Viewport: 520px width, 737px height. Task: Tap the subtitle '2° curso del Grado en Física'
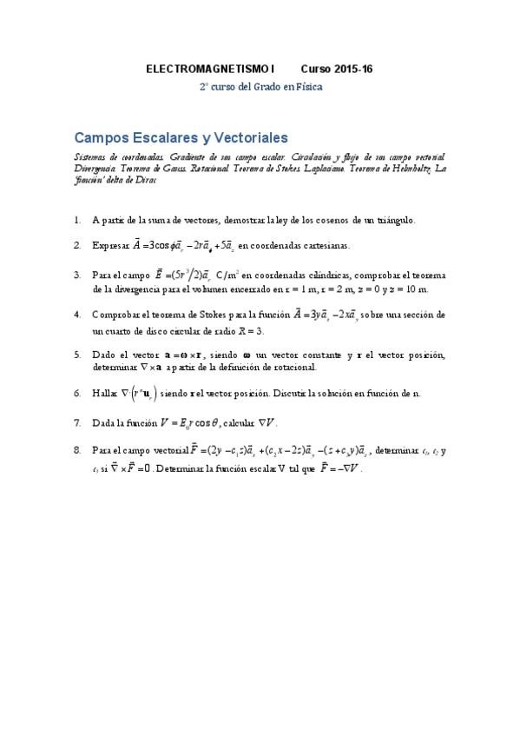[x=260, y=87]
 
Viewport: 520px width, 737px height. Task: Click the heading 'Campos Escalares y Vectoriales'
[x=181, y=137]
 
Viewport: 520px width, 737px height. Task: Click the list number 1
[x=77, y=221]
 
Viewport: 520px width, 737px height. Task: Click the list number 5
[x=77, y=355]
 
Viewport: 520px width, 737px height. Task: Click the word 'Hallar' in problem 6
[x=104, y=393]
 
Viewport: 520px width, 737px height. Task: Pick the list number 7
[x=77, y=423]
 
